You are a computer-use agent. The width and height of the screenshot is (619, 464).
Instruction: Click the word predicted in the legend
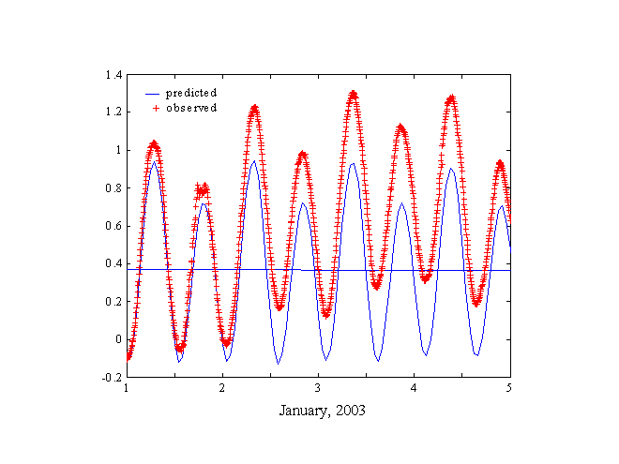pyautogui.click(x=191, y=93)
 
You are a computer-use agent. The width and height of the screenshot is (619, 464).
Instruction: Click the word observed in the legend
pyautogui.click(x=191, y=108)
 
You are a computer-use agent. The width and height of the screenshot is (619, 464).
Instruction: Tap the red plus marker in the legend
pyautogui.click(x=155, y=108)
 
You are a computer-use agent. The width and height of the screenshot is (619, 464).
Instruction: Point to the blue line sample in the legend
pyautogui.click(x=153, y=94)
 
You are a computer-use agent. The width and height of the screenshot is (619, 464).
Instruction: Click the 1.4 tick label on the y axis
pyautogui.click(x=113, y=74)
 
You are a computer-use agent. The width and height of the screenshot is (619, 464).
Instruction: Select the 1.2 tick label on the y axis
pyautogui.click(x=113, y=112)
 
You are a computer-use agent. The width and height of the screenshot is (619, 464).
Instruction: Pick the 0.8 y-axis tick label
pyautogui.click(x=113, y=187)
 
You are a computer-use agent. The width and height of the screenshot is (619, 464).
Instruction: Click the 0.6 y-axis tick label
pyautogui.click(x=113, y=226)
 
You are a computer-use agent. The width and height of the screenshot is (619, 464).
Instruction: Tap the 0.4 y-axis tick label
pyautogui.click(x=113, y=263)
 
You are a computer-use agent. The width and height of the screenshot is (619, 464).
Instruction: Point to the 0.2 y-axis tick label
pyautogui.click(x=113, y=301)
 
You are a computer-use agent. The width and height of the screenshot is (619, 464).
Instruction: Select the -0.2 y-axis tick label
pyautogui.click(x=111, y=377)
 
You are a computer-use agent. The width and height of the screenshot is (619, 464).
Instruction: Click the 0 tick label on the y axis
pyautogui.click(x=118, y=339)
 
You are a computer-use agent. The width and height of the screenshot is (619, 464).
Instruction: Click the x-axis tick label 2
pyautogui.click(x=222, y=387)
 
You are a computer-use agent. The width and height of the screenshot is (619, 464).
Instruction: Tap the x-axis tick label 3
pyautogui.click(x=318, y=387)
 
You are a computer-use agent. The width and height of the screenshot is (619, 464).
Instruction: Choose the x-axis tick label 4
pyautogui.click(x=414, y=387)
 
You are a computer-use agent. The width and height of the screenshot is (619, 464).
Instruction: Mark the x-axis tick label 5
pyautogui.click(x=509, y=387)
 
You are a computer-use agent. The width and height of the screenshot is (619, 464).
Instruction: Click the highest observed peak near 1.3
pyautogui.click(x=354, y=94)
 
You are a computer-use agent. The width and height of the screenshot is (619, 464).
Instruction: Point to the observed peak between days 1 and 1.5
pyautogui.click(x=154, y=143)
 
